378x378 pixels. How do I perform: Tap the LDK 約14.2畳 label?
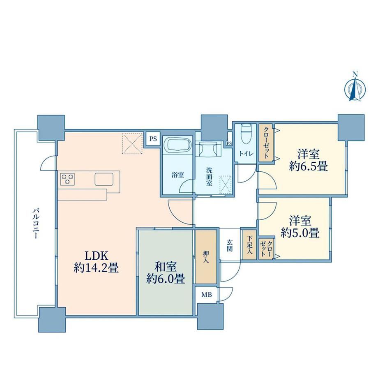96,261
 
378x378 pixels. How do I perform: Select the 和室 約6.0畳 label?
166,272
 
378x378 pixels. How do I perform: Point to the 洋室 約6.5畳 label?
309,160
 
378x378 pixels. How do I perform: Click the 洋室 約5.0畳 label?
300,227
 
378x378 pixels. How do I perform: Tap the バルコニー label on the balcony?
35,224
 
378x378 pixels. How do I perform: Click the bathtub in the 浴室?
177,145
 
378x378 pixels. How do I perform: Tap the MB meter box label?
207,294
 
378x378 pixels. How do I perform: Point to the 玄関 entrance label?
230,245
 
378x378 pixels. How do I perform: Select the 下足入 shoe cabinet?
249,245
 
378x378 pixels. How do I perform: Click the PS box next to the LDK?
153,139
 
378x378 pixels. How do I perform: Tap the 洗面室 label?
209,176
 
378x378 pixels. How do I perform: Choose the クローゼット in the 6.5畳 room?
266,143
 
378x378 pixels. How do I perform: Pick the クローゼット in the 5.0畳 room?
266,248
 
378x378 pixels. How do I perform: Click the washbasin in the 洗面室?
209,149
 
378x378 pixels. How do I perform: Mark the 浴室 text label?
177,175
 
